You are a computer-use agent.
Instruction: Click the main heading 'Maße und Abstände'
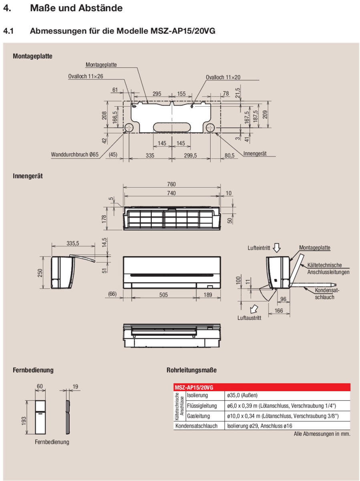pyautogui.click(x=76, y=8)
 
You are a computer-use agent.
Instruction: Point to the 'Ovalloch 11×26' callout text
pyautogui.click(x=85, y=76)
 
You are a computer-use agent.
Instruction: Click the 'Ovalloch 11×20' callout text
pyautogui.click(x=223, y=77)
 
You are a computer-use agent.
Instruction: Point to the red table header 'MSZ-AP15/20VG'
pyautogui.click(x=194, y=387)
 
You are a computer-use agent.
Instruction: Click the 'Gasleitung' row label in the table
pyautogui.click(x=198, y=416)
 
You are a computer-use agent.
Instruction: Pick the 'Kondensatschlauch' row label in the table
pyautogui.click(x=196, y=426)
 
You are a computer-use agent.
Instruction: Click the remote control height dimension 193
pyautogui.click(x=24, y=420)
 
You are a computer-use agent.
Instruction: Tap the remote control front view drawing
pyautogui.click(x=40, y=417)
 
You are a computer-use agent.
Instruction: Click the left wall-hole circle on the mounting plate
pyautogui.click(x=129, y=128)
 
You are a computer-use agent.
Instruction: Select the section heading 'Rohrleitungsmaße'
pyautogui.click(x=191, y=370)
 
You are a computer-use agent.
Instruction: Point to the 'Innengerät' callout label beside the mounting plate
pyautogui.click(x=255, y=154)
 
